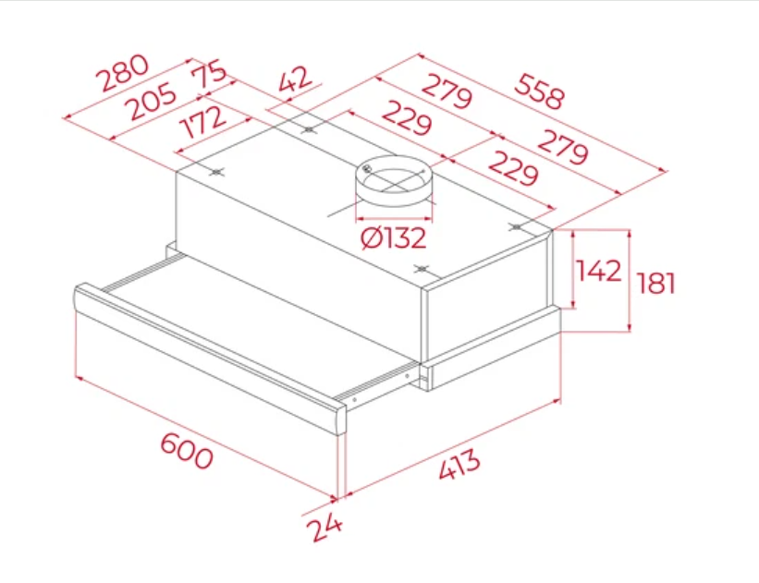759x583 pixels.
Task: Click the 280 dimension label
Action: tap(122, 73)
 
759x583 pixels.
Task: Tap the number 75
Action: tap(209, 74)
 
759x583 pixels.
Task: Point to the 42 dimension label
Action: tap(296, 79)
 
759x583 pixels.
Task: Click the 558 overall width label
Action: tap(539, 91)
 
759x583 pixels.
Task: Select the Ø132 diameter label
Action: tap(394, 237)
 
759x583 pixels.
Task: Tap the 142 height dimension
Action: tap(599, 271)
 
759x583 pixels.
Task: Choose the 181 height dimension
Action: tap(655, 283)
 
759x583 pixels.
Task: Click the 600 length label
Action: tap(187, 451)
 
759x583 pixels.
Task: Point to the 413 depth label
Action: tap(459, 464)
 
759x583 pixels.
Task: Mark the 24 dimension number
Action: tap(324, 527)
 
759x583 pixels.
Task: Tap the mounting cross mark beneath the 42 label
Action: tap(309, 129)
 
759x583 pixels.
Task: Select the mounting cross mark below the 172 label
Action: tap(217, 172)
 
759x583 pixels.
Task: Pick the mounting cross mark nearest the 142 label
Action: tap(517, 226)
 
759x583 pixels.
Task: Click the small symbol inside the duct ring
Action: tap(367, 169)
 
